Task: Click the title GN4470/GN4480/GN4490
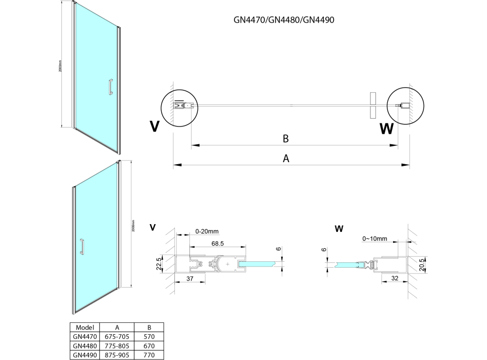pyautogui.click(x=284, y=20)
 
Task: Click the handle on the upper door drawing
pyautogui.click(x=110, y=87)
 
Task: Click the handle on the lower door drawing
pyautogui.click(x=81, y=247)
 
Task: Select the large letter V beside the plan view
pyautogui.click(x=154, y=126)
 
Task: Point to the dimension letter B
pyautogui.click(x=286, y=139)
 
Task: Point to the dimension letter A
pyautogui.click(x=286, y=159)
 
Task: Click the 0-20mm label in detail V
pyautogui.click(x=206, y=230)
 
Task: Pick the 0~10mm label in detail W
pyautogui.click(x=375, y=239)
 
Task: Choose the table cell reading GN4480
pyautogui.click(x=85, y=346)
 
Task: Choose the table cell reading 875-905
pyautogui.click(x=117, y=355)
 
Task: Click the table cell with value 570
pyautogui.click(x=149, y=336)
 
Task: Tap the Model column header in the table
pyautogui.click(x=85, y=327)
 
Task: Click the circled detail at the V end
pyautogui.click(x=178, y=106)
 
